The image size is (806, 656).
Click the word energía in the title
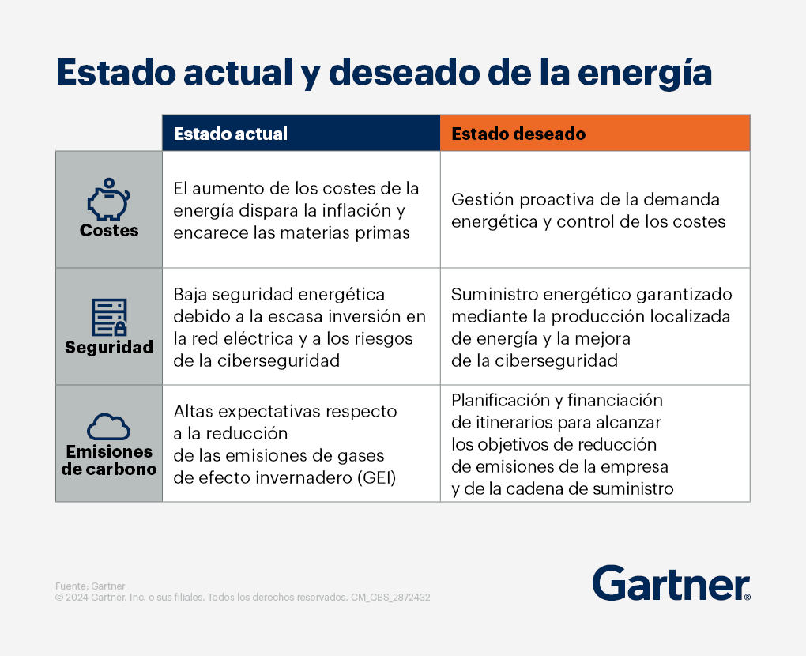click(x=645, y=73)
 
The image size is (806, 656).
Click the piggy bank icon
click(x=108, y=199)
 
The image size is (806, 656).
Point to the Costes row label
click(x=109, y=230)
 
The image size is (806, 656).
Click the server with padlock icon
click(x=109, y=317)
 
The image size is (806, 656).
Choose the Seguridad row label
click(x=109, y=348)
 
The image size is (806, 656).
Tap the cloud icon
click(x=108, y=426)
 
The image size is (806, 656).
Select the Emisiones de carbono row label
click(x=109, y=460)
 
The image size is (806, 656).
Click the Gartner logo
click(x=672, y=583)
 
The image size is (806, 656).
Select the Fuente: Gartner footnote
click(x=90, y=586)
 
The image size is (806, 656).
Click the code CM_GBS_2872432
click(x=390, y=598)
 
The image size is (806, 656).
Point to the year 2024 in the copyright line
click(x=77, y=598)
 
